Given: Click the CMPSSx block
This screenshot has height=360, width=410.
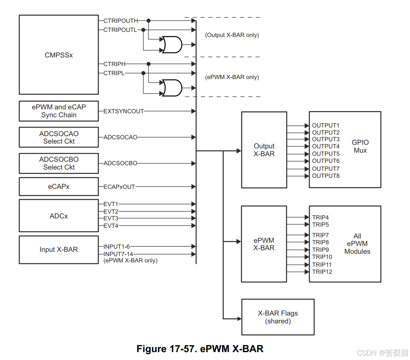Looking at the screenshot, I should pos(59,55).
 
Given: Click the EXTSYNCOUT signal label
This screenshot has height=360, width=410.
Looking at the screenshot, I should pos(124,111).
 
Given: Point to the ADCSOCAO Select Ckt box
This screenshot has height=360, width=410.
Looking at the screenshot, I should pos(59,137).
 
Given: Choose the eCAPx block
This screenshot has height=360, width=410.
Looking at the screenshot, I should pos(59,186).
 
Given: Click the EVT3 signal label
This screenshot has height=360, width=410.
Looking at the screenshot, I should pos(111,218).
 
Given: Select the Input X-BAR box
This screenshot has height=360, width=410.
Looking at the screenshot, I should pos(59,249).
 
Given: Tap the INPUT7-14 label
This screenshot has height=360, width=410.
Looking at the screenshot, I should pos(118,254).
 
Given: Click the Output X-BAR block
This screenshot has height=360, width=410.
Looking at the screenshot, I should pos(264,150).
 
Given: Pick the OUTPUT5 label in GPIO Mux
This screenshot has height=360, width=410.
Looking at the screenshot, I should pos(326,153).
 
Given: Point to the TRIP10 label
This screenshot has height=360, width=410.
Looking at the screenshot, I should pos(322,257).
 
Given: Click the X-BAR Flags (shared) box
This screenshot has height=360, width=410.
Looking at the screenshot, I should pos(278,317).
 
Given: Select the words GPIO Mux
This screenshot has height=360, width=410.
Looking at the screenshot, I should pos(360,146).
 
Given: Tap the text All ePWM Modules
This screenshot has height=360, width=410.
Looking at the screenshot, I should pos(357,244).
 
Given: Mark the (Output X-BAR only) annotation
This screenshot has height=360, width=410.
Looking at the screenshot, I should pos(232,35).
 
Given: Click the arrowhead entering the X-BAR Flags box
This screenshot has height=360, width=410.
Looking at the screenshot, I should pos(238,318).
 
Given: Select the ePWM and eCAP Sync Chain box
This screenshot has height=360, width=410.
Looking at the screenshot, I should pos(59,111).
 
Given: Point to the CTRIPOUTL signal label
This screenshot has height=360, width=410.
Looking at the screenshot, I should pos(120,30).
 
